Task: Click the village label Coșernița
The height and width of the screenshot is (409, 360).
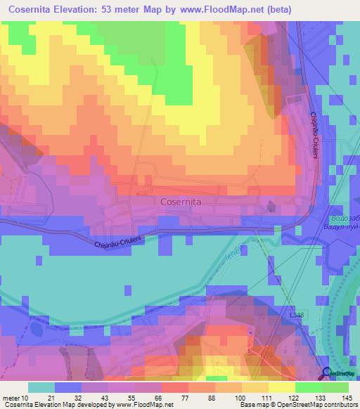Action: [181, 202]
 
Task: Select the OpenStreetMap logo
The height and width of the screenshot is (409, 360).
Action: [342, 374]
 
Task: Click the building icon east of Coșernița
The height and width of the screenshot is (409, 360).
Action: [271, 206]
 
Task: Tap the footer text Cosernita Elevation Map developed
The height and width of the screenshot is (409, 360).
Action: [49, 404]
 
